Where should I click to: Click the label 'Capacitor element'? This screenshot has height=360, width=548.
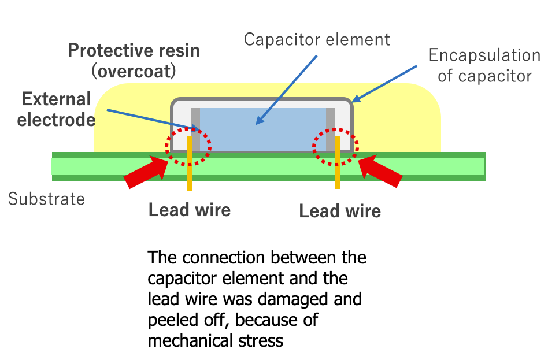[x=317, y=39]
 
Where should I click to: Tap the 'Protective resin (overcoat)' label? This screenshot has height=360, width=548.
[x=134, y=60]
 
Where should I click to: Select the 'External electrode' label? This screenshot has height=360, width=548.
[x=56, y=109]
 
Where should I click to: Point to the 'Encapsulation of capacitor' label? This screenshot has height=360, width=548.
[x=484, y=65]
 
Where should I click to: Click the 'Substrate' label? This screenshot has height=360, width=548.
[x=46, y=199]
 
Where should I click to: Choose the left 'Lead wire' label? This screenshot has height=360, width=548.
[x=190, y=209]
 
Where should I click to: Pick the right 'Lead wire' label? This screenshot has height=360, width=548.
[x=340, y=211]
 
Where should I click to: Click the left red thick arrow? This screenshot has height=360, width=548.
[x=147, y=172]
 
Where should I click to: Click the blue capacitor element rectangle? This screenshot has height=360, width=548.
[x=263, y=130]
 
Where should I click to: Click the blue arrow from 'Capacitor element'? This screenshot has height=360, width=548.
[x=287, y=89]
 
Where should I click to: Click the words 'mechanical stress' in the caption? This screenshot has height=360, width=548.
[x=216, y=340]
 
